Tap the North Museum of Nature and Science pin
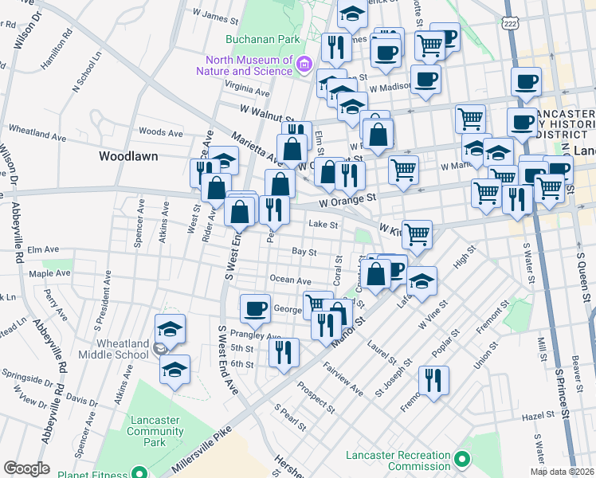[x=303, y=64]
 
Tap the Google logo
[x=26, y=468]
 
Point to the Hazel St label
[x=538, y=416]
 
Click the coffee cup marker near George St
[x=255, y=308]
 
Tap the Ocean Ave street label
[x=290, y=280]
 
